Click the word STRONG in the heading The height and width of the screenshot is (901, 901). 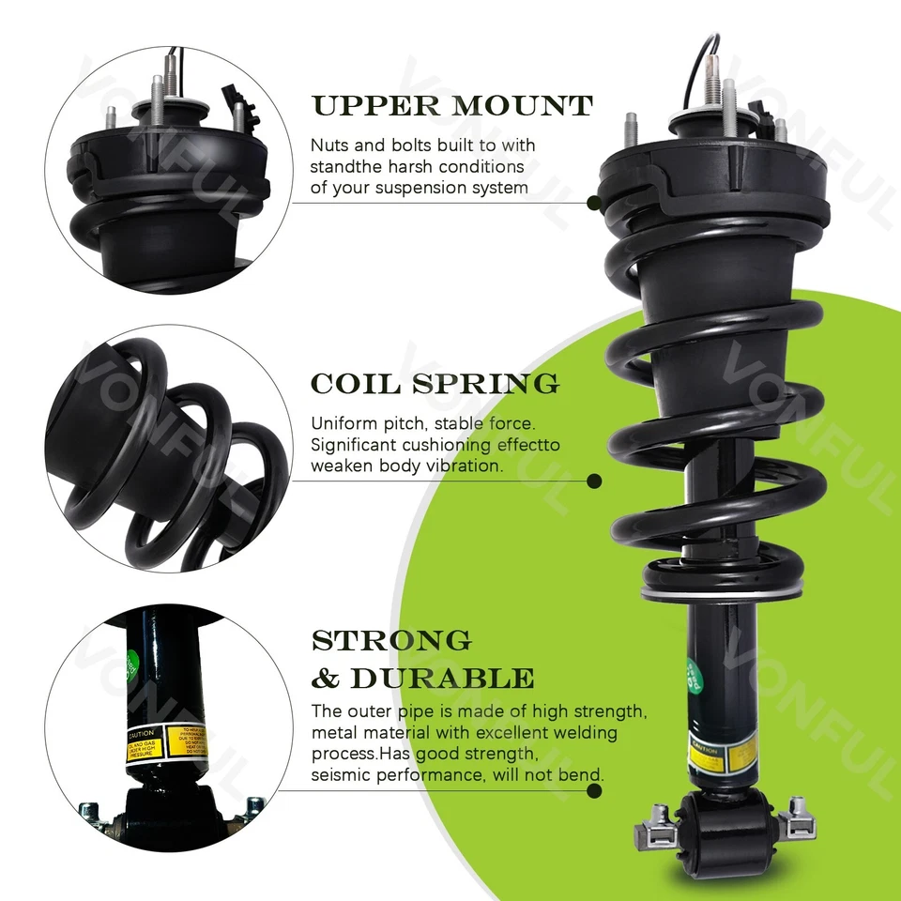[x=391, y=641]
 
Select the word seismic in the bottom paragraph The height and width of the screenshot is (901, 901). [x=340, y=774]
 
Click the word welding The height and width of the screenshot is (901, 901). [x=583, y=732]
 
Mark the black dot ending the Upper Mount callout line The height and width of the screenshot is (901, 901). [x=593, y=202]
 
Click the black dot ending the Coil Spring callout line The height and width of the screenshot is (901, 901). [x=593, y=481]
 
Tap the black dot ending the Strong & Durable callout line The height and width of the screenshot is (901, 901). [x=593, y=791]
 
